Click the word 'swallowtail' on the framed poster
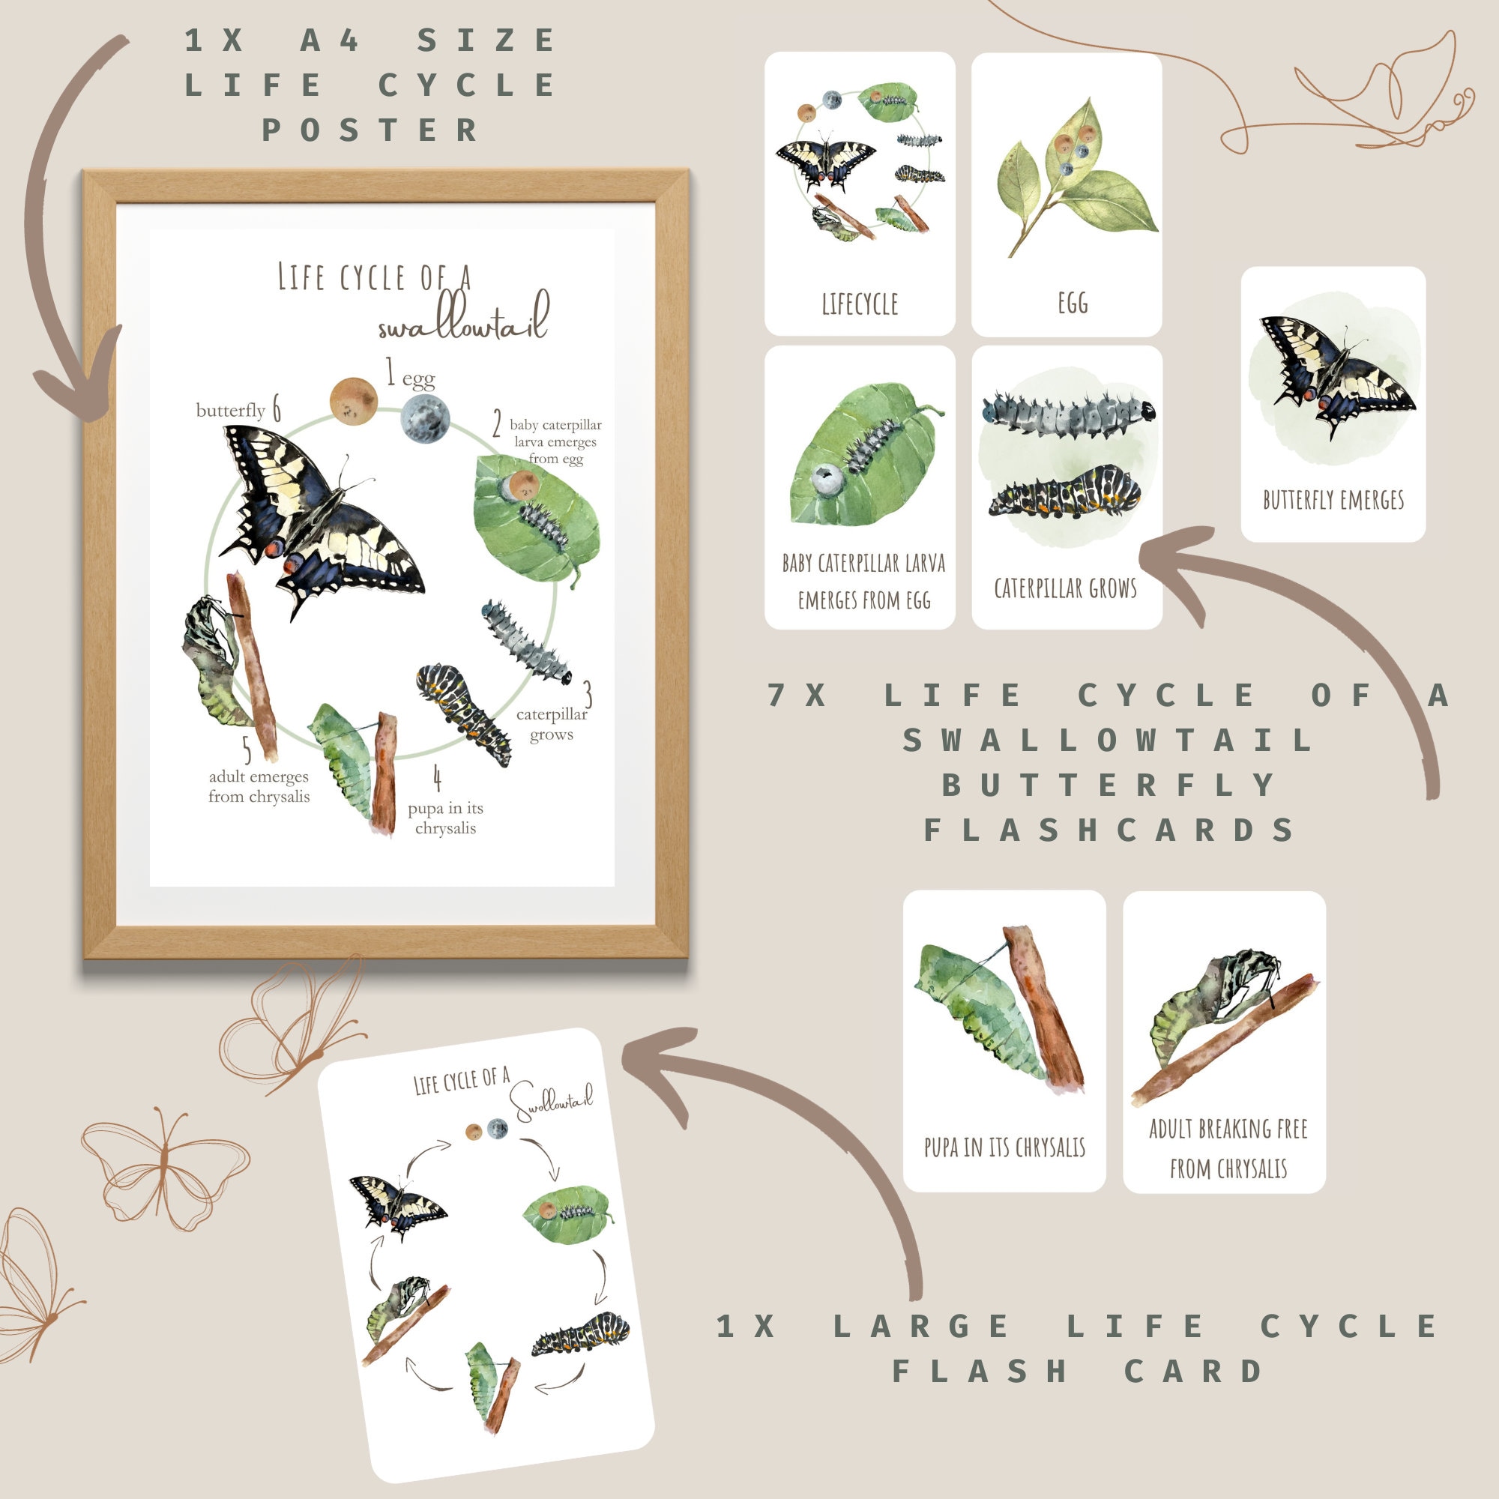[464, 320]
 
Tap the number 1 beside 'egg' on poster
[390, 374]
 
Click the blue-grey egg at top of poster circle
[425, 417]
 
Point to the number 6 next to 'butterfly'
[277, 409]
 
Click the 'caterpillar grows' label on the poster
[552, 724]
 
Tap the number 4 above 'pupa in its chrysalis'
[437, 777]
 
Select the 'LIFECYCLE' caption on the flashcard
[860, 304]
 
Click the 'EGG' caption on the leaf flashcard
[1073, 303]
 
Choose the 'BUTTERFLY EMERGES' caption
[1333, 500]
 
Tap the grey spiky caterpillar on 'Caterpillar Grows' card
[1067, 416]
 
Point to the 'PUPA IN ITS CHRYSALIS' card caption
[1004, 1147]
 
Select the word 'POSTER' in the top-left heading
[370, 130]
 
